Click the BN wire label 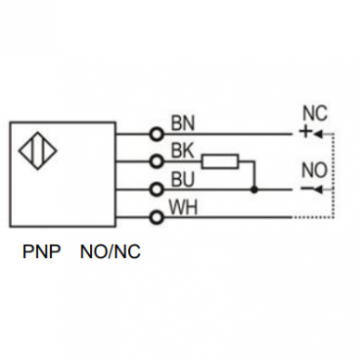tap(183, 122)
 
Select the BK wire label tap(183, 150)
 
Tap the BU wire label tap(183, 179)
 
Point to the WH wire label tap(184, 207)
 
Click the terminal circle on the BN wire tap(157, 135)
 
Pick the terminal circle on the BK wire tap(157, 161)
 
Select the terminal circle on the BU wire tap(157, 189)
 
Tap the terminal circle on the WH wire tap(157, 217)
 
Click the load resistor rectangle tap(220, 161)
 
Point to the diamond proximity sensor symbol tap(38, 150)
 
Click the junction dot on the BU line tap(254, 189)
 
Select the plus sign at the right tap(305, 132)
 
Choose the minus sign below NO tap(307, 188)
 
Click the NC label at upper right tap(315, 113)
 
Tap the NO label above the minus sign tap(315, 170)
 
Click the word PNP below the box tap(42, 251)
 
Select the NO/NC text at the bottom tap(110, 251)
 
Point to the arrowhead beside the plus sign tap(318, 135)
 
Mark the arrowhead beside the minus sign tap(318, 189)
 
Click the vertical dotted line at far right tap(333, 175)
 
